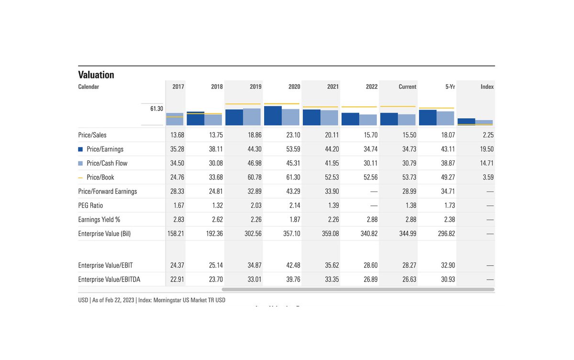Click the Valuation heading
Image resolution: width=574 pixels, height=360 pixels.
pyautogui.click(x=96, y=75)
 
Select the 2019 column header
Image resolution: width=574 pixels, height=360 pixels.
pyautogui.click(x=255, y=87)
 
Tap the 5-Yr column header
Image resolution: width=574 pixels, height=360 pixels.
pyautogui.click(x=450, y=87)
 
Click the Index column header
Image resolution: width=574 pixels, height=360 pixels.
pyautogui.click(x=487, y=87)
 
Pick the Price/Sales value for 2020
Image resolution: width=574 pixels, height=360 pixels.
pyautogui.click(x=293, y=135)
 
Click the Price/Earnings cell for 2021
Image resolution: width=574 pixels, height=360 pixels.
pyautogui.click(x=332, y=149)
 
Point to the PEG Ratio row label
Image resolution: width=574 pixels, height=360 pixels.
pyautogui.click(x=90, y=205)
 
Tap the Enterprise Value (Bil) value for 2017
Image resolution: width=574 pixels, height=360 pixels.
pyautogui.click(x=174, y=234)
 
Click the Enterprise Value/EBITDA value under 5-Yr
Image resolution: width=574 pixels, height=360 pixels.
pyautogui.click(x=448, y=279)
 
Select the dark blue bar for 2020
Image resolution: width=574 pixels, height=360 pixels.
pyautogui.click(x=273, y=116)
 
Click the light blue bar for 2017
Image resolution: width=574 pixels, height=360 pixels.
pyautogui.click(x=175, y=119)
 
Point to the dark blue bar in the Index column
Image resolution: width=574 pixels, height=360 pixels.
pyautogui.click(x=466, y=122)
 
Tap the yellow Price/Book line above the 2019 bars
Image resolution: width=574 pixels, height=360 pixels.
pyautogui.click(x=243, y=104)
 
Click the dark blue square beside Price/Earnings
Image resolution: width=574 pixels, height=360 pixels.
pyautogui.click(x=80, y=149)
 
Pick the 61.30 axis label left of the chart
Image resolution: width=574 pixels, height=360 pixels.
pyautogui.click(x=156, y=109)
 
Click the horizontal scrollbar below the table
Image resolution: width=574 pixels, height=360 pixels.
pyautogui.click(x=358, y=289)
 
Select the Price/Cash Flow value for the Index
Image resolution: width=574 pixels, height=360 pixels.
pyautogui.click(x=486, y=163)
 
